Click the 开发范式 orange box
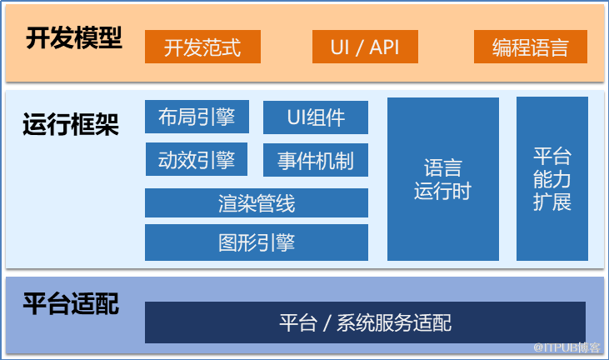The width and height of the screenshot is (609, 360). pos(202,47)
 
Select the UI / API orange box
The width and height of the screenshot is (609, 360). pos(365,47)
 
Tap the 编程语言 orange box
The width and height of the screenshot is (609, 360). pos(531,47)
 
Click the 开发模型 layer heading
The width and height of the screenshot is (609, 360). pos(74,38)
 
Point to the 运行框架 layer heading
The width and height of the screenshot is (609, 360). pos(71,124)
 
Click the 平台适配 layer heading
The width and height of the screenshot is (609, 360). pos(71,303)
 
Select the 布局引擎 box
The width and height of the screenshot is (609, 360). pos(197,117)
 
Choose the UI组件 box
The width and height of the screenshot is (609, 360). pos(316,117)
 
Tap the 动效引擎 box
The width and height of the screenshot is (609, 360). pos(197,159)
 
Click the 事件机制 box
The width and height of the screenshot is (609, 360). pos(316,160)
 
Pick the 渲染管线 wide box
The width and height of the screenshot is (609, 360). pos(257,202)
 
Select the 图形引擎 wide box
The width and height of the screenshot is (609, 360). pos(257,242)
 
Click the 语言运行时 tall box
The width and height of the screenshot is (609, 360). pos(443,179)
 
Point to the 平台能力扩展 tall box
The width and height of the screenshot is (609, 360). pos(552,178)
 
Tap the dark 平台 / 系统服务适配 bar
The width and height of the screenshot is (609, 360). pos(365,322)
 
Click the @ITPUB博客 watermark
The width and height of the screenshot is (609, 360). pos(567,347)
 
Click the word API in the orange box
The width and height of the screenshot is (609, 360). pos(384,47)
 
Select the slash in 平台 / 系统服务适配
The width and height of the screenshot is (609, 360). pos(327,323)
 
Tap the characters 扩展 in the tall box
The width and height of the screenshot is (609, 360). pos(552,202)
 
